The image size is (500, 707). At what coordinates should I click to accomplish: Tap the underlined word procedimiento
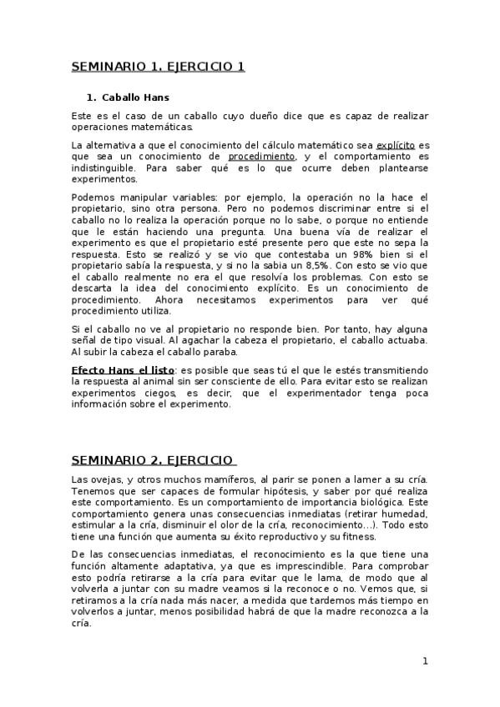click(x=261, y=156)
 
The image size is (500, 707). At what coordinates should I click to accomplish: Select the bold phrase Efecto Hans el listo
click(x=123, y=369)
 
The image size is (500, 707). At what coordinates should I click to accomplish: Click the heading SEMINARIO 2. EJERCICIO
click(x=154, y=459)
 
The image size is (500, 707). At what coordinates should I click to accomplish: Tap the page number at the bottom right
click(x=425, y=661)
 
